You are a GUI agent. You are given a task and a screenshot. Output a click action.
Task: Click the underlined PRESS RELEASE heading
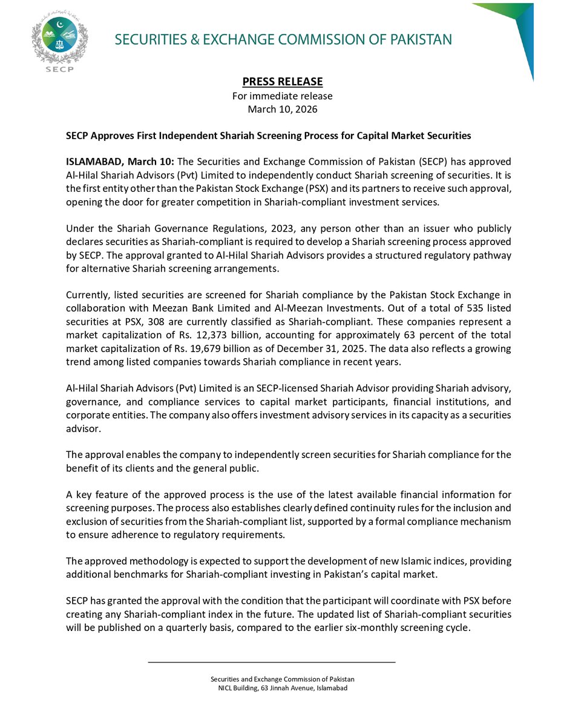[x=283, y=82]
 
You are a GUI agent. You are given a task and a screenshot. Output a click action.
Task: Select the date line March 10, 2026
[x=283, y=110]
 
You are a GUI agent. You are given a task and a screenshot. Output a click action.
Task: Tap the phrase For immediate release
[x=283, y=96]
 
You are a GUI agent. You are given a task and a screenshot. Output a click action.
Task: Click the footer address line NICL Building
[x=283, y=688]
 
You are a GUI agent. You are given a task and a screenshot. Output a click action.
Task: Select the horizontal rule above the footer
[x=272, y=662]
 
